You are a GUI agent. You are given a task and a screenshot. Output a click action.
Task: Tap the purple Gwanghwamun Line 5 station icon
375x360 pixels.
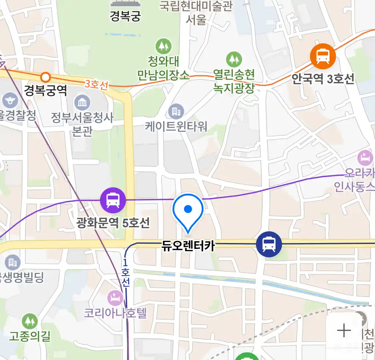point(113,200)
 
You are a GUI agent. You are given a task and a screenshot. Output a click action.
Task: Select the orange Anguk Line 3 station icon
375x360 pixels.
point(322,56)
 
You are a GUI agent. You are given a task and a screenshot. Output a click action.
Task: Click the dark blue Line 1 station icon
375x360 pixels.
point(269,244)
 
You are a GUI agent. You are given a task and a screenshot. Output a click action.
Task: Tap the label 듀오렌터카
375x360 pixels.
point(188,246)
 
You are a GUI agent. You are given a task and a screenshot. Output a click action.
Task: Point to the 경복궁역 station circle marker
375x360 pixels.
point(45,78)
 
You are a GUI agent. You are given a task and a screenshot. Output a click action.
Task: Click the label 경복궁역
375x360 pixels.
point(45,90)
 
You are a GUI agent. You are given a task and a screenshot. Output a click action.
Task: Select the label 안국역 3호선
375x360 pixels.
point(323,79)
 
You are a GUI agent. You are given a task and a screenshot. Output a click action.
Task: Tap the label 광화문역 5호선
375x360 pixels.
point(113,223)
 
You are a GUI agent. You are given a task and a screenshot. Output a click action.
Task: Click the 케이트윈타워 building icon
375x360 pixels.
point(176,112)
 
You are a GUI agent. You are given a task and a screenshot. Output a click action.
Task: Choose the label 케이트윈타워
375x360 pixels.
point(176,127)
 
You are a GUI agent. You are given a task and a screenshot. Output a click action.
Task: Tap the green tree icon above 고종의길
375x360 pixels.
point(30,321)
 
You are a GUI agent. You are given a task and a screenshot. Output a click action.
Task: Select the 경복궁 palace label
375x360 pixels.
point(125,16)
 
